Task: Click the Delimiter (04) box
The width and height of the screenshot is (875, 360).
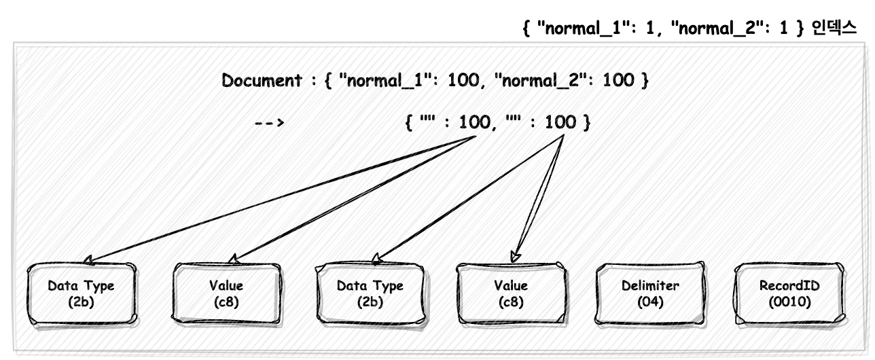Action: coord(650,293)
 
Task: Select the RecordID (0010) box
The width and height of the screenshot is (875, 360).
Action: coord(789,293)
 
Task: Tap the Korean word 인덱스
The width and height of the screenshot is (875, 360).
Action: coord(834,28)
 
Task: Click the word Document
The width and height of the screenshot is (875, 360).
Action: coord(262,80)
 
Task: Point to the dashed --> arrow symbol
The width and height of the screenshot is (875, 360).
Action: coord(269,123)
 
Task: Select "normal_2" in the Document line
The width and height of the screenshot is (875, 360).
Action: coord(540,81)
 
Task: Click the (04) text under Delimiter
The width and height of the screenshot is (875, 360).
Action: coord(650,302)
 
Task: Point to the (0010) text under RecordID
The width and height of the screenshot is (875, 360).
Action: coord(789,302)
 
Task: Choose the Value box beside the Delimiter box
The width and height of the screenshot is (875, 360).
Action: coord(511,293)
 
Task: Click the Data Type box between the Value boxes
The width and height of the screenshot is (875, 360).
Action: coord(370,293)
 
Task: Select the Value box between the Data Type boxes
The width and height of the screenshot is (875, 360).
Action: coord(227,293)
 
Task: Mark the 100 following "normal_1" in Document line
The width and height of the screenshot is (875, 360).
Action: coord(463,80)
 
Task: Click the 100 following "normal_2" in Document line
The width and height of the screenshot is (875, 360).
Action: coord(618,80)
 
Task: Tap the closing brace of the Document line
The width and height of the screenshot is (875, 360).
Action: coord(645,81)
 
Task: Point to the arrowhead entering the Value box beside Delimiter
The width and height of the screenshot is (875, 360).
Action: coord(515,257)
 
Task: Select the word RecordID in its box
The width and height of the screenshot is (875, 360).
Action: coord(789,285)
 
